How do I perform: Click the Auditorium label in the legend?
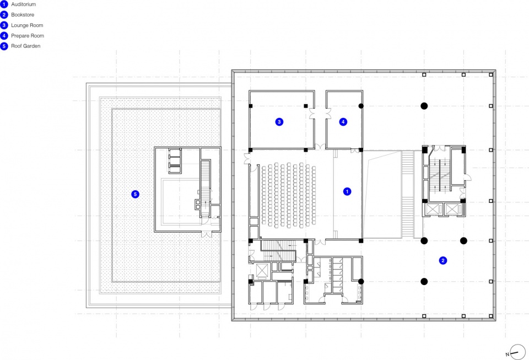23,4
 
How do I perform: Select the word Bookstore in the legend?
23,15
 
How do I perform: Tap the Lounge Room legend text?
27,25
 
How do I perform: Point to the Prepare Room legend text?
28,36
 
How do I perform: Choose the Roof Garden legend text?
26,46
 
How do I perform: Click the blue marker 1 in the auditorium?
347,192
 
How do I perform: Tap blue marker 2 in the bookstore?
443,260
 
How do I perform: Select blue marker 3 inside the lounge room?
279,122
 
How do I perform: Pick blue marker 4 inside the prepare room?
343,122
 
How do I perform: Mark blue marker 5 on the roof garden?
136,194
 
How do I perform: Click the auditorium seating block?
289,195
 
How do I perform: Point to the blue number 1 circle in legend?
4,4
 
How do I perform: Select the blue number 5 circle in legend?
4,46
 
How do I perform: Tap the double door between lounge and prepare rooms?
320,114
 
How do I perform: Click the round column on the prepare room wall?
361,106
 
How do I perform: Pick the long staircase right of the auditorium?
408,194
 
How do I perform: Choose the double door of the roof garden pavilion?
207,234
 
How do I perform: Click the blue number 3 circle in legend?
4,25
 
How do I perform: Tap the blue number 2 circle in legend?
4,15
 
